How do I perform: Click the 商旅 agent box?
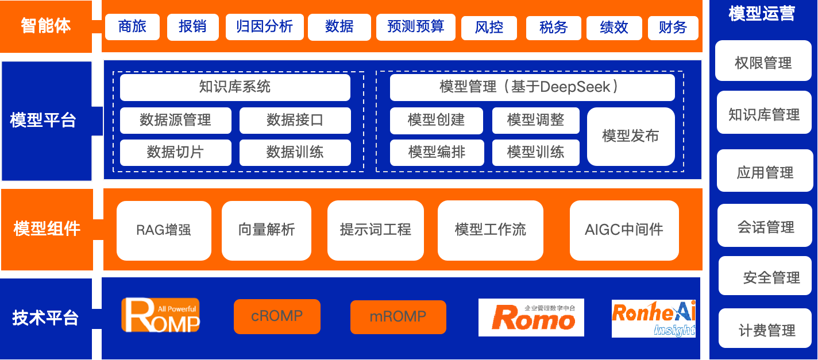point(132,27)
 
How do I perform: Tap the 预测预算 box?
point(415,27)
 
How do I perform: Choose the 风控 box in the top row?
point(489,28)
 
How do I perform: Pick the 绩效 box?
point(614,28)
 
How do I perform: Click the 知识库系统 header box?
point(235,87)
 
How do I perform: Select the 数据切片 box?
point(175,152)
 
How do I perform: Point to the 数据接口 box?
point(295,120)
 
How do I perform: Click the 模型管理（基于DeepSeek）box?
point(532,87)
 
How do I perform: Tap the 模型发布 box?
point(631,136)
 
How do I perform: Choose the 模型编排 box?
point(437,152)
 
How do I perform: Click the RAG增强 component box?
point(164,230)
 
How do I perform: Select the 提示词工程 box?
point(375,230)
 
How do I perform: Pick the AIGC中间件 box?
point(624,230)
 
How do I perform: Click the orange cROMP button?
point(277,316)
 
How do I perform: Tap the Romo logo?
point(531,318)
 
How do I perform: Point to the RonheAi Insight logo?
point(654,318)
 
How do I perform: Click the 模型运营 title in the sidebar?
point(762,14)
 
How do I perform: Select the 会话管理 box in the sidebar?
point(766,227)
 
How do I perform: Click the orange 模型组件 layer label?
point(47,229)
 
